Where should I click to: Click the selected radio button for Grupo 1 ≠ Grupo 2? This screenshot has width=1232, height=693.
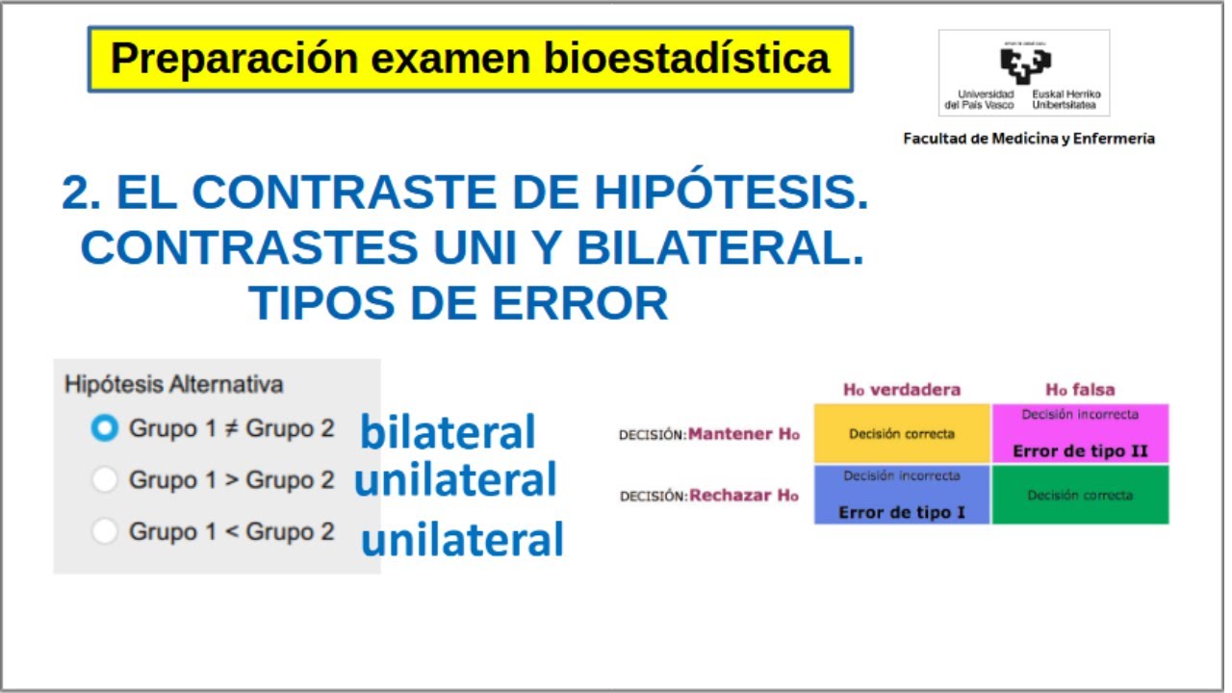104,428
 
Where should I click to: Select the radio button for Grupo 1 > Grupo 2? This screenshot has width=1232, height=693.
104,479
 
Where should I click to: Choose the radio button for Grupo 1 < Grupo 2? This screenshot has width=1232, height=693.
104,530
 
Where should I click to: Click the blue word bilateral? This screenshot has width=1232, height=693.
448,433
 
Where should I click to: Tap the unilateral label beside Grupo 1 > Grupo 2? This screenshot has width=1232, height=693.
455,480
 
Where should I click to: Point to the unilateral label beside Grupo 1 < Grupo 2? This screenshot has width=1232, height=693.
462,541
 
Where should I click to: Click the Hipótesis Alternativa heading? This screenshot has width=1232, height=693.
174,384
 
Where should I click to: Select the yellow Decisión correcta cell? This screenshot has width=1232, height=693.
902,434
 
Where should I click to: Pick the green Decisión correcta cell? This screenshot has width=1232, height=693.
1080,496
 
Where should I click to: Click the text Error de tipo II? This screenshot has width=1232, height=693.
1080,451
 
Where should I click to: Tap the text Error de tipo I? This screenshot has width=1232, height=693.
902,512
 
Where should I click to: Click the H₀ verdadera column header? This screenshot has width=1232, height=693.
902,390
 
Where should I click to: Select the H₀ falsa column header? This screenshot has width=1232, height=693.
1080,390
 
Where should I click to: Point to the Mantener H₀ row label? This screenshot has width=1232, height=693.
743,434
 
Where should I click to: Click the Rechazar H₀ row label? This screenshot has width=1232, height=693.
743,496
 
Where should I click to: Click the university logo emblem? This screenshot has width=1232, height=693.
1023,64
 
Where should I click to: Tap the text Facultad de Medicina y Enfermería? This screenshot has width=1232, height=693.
1028,139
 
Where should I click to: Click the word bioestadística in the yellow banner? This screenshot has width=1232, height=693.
686,59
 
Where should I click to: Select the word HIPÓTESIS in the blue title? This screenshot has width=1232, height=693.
731,193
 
